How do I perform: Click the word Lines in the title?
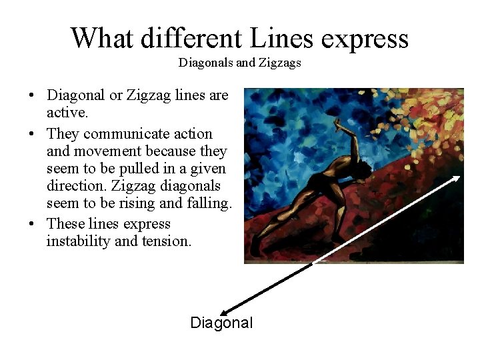tap(281, 38)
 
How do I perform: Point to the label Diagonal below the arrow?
tap(221, 323)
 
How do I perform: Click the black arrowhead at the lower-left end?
tap(224, 311)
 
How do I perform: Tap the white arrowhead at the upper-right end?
tap(457, 178)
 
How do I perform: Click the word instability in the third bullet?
tap(78, 241)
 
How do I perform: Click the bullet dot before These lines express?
tap(33, 225)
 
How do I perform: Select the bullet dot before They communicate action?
tap(33, 135)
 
